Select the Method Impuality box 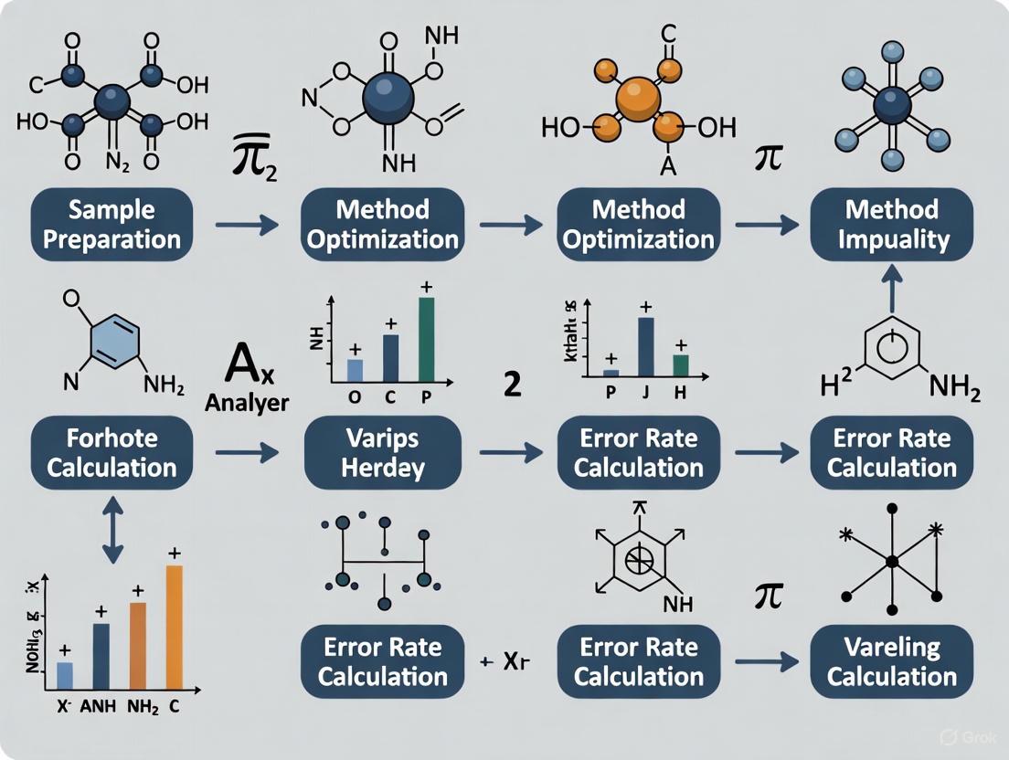pos(891,225)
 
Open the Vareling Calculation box pos(891,662)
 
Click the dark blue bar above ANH pos(101,656)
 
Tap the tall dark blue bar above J pos(645,347)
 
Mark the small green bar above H pos(680,365)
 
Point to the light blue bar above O pos(355,370)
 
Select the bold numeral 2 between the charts pos(513,385)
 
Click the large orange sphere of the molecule pos(637,98)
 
